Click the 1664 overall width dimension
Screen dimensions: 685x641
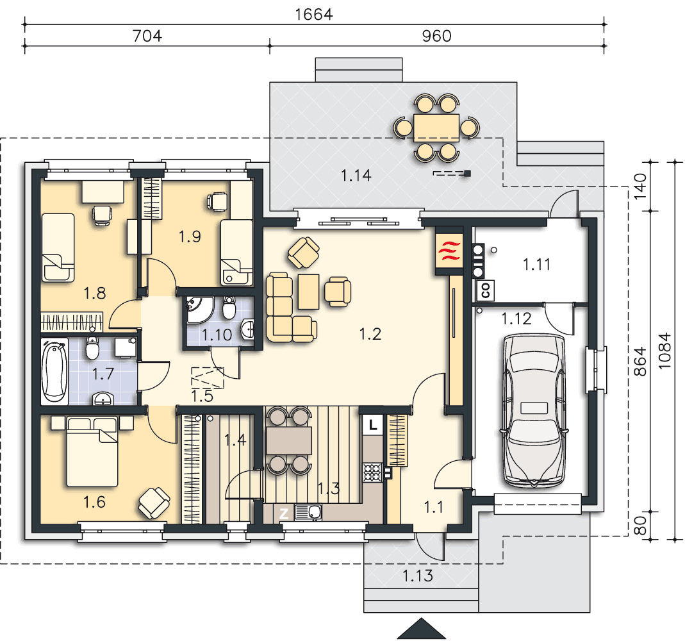pos(314,14)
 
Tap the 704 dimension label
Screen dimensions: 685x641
pos(147,36)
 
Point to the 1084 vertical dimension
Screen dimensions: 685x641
pos(664,351)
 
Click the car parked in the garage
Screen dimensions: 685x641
pos(534,411)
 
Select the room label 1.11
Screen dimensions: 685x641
pos(536,264)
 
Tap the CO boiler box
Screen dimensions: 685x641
pos(485,290)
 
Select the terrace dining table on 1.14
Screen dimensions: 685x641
pos(436,128)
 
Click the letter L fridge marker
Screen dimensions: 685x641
pos(373,425)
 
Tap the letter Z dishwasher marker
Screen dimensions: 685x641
pos(283,513)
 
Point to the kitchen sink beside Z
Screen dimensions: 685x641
pos(308,512)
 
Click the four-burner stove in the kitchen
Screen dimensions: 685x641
pos(372,472)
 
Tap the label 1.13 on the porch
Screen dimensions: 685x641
pos(418,576)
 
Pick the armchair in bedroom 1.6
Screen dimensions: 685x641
pos(154,503)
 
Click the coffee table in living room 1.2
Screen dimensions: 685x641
pos(308,292)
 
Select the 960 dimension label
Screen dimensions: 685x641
pos(436,36)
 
